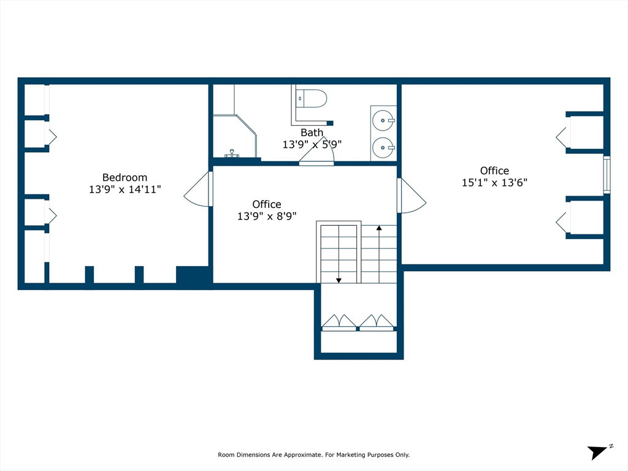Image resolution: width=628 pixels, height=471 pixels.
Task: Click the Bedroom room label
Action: tap(124, 177)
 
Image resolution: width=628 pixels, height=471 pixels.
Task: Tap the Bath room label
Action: tap(312, 132)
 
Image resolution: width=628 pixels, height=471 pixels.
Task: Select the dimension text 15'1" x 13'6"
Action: tap(494, 183)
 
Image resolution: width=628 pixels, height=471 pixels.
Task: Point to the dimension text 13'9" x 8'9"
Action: tap(267, 216)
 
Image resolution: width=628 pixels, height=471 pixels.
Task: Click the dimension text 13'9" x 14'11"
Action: tap(124, 189)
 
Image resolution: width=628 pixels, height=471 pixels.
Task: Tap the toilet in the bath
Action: tap(311, 99)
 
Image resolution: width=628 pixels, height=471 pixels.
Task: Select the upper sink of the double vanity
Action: tap(383, 120)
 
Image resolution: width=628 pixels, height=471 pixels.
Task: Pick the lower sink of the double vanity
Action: tap(383, 148)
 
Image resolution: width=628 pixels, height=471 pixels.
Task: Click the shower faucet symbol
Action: tap(232, 153)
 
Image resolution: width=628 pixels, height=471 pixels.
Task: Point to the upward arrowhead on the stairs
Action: tap(379, 228)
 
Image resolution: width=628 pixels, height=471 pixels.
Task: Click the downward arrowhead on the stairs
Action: tap(339, 280)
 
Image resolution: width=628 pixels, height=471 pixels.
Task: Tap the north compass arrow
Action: tap(597, 452)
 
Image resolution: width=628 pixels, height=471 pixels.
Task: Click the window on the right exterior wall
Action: tap(607, 175)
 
